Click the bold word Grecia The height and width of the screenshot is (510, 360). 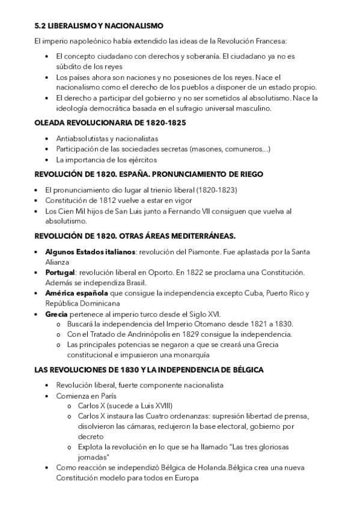(57, 314)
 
